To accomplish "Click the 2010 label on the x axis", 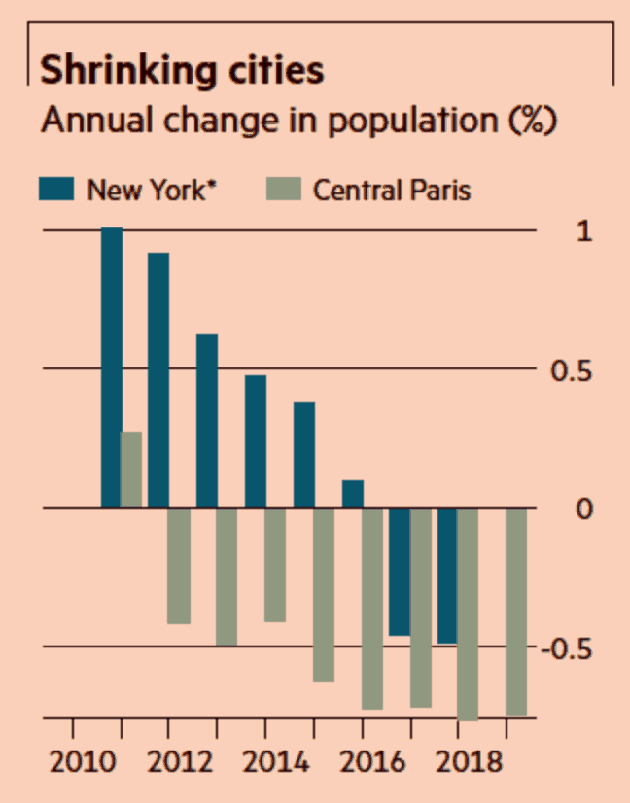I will pyautogui.click(x=75, y=760).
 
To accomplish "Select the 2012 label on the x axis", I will pyautogui.click(x=170, y=760).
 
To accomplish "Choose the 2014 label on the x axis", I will pyautogui.click(x=266, y=760).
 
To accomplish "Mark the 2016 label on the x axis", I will pyautogui.click(x=363, y=760).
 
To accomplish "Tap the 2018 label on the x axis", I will pyautogui.click(x=459, y=760).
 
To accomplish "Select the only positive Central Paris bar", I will pyautogui.click(x=131, y=470).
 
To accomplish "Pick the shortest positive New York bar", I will pyautogui.click(x=353, y=494).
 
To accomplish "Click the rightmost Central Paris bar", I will pyautogui.click(x=516, y=611).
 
